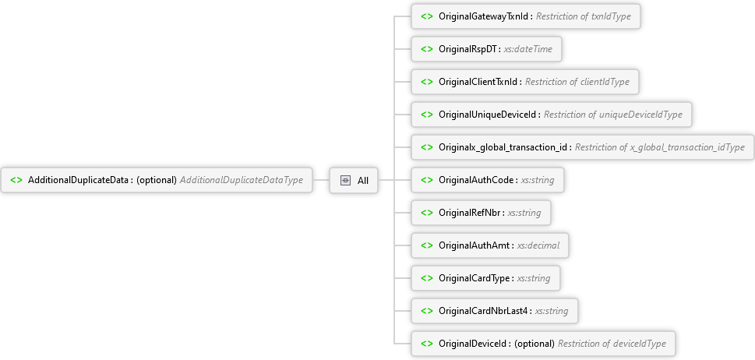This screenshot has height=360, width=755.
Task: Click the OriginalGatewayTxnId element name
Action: click(x=484, y=16)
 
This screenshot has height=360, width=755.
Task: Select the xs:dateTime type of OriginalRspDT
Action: click(x=528, y=49)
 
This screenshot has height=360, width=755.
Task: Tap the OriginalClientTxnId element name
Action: click(x=478, y=82)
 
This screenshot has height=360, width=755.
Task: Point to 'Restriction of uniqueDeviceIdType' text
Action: click(x=613, y=115)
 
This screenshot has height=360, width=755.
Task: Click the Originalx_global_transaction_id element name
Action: click(x=503, y=147)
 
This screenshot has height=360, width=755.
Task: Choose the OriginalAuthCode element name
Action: click(x=477, y=180)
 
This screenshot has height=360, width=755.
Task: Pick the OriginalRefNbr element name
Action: click(x=470, y=213)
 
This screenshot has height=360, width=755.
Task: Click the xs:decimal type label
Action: click(x=538, y=245)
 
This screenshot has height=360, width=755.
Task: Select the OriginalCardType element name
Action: click(x=475, y=278)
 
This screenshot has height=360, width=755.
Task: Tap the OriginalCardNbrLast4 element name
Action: click(x=484, y=311)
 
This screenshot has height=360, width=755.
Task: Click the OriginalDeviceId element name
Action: click(x=473, y=344)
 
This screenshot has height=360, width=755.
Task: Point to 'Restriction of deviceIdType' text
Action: click(x=612, y=344)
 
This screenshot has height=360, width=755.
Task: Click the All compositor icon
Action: click(x=345, y=181)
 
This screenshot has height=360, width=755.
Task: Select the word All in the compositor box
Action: click(x=363, y=181)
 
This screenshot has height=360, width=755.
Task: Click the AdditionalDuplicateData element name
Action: click(x=79, y=180)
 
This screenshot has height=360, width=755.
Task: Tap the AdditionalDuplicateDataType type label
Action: click(x=242, y=180)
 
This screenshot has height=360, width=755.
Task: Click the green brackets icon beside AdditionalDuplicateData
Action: click(x=16, y=180)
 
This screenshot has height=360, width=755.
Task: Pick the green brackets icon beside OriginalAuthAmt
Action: click(x=427, y=245)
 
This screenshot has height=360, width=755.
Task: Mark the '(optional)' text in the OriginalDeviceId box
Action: click(x=534, y=344)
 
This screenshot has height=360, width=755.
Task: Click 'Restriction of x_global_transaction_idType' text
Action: click(x=660, y=147)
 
